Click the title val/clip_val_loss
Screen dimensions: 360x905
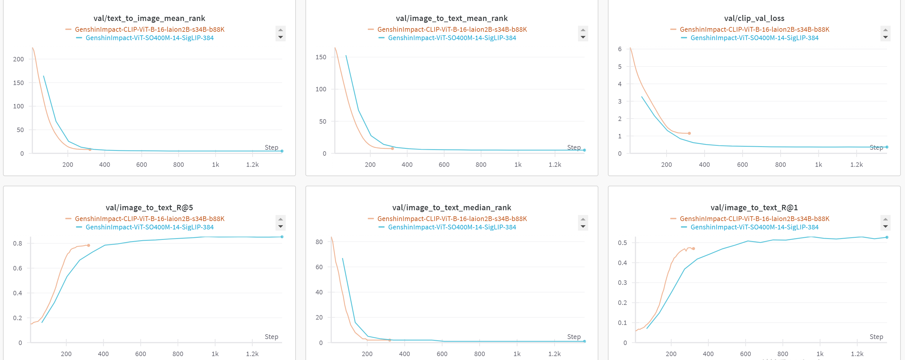[x=754, y=18]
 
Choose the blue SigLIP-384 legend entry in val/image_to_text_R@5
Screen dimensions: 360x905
[x=149, y=227]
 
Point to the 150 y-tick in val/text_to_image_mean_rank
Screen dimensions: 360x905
[x=18, y=83]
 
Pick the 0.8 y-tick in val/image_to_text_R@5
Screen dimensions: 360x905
[x=18, y=243]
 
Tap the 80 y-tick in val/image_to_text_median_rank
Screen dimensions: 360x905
[x=319, y=242]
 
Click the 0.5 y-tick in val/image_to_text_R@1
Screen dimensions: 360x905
[x=622, y=243]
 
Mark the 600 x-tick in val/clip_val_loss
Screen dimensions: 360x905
[x=742, y=165]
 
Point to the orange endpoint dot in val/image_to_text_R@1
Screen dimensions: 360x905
[x=694, y=249]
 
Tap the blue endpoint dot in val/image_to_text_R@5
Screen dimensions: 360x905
[x=282, y=237]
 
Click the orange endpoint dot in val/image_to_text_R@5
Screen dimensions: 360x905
[x=89, y=246]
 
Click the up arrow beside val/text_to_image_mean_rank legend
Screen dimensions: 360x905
[x=280, y=30]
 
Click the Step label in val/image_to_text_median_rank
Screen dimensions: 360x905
[x=574, y=337]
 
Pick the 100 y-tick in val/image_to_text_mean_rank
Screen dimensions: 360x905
[x=321, y=89]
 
